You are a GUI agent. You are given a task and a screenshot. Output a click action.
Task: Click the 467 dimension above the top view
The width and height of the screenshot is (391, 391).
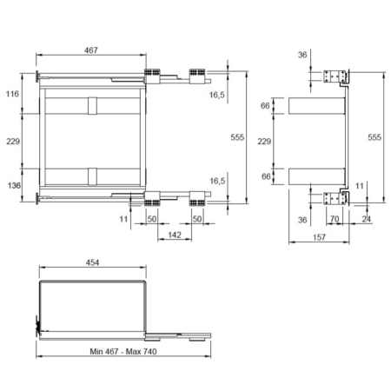[x=91, y=50]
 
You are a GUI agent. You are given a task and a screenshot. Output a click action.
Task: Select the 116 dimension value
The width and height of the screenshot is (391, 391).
[x=12, y=94]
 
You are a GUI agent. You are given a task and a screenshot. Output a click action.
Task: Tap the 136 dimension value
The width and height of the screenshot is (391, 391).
[x=14, y=185]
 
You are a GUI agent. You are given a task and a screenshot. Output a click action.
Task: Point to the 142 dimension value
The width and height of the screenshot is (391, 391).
[x=175, y=235]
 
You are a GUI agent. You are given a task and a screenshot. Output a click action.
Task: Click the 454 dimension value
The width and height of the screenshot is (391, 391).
[x=92, y=262]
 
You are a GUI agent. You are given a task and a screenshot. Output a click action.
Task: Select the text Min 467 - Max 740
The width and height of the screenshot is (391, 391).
[x=123, y=352]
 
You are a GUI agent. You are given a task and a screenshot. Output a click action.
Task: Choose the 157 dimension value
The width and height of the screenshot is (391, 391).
[x=319, y=237]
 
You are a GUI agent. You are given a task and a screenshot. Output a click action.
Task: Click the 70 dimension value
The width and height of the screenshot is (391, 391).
[x=335, y=219]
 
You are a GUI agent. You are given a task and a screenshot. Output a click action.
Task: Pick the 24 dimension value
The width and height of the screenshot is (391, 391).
[x=367, y=219]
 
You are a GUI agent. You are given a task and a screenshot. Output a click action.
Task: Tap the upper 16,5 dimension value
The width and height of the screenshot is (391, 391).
[x=217, y=95]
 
